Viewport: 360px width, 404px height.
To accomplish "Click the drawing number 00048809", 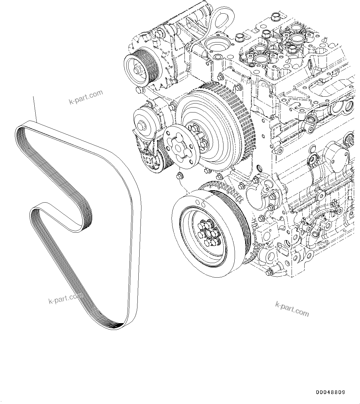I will click(x=330, y=392).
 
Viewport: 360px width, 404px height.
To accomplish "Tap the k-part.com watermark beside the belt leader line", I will click(x=86, y=97).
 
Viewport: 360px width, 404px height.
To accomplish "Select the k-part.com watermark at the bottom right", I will click(x=292, y=309).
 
